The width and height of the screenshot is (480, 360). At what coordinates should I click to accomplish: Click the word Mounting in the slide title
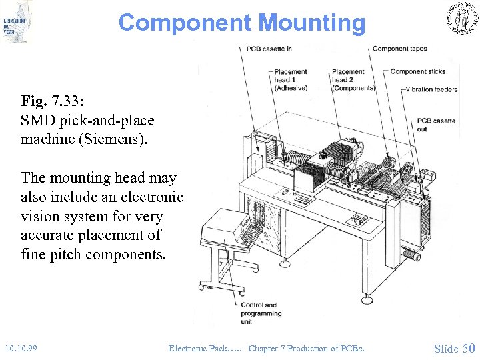[311, 23]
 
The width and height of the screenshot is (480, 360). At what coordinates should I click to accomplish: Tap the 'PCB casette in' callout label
[269, 49]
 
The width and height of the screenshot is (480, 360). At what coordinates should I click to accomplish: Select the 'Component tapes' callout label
[399, 49]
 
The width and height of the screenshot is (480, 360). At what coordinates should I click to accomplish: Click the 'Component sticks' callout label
[417, 71]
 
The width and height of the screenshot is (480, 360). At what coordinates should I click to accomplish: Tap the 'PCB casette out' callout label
[436, 125]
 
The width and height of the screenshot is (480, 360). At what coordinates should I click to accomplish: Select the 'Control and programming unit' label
[261, 313]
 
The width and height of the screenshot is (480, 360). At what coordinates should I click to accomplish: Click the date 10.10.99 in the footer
[20, 348]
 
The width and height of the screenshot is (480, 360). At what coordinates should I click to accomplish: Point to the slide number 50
[468, 348]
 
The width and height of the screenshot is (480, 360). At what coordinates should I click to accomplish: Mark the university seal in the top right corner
[459, 19]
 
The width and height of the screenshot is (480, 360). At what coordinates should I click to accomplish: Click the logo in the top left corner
[17, 21]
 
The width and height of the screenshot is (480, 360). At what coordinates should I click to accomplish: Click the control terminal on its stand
[233, 230]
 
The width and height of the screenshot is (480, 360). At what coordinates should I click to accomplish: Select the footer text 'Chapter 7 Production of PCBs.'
[307, 348]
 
